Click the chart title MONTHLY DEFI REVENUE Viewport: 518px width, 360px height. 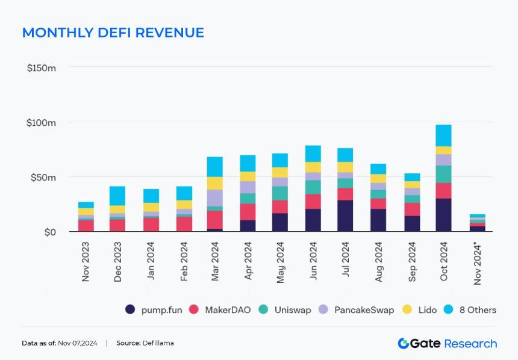113,33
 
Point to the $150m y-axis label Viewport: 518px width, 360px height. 42,68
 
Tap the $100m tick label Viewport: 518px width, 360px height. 41,123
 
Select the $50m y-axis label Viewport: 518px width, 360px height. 43,178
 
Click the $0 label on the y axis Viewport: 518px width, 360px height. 50,232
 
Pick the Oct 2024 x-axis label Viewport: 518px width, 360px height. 444,261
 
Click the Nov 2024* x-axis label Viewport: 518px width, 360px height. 477,263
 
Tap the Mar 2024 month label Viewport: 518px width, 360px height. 215,261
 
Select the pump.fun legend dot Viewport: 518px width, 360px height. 130,309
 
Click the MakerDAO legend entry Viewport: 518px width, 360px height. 220,309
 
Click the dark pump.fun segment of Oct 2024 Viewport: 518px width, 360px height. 444,215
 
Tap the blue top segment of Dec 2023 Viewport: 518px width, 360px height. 117,196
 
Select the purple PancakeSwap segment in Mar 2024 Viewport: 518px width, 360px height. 215,198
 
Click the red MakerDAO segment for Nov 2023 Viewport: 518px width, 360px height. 86,226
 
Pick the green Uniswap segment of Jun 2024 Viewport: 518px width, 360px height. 313,187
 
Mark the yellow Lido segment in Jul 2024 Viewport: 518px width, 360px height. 345,167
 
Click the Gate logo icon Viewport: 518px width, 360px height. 404,343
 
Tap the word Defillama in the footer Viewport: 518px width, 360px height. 158,343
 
